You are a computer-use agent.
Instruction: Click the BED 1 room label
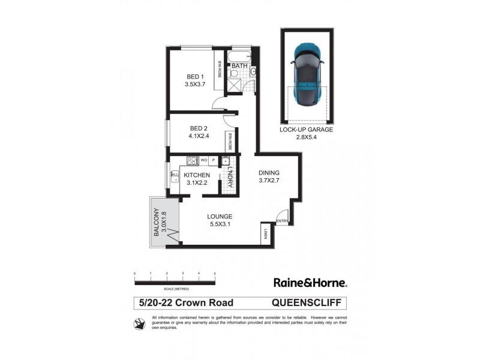(195, 76)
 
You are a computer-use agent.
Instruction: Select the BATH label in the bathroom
(240, 65)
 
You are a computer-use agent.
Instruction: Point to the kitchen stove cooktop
(192, 160)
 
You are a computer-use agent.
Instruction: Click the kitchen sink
(174, 176)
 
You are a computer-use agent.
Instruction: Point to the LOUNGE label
(220, 216)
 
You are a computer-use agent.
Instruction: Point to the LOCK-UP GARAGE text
(306, 130)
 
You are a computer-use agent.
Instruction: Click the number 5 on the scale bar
(215, 274)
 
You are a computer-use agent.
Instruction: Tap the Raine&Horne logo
(310, 281)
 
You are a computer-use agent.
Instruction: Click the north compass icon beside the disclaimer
(139, 325)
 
